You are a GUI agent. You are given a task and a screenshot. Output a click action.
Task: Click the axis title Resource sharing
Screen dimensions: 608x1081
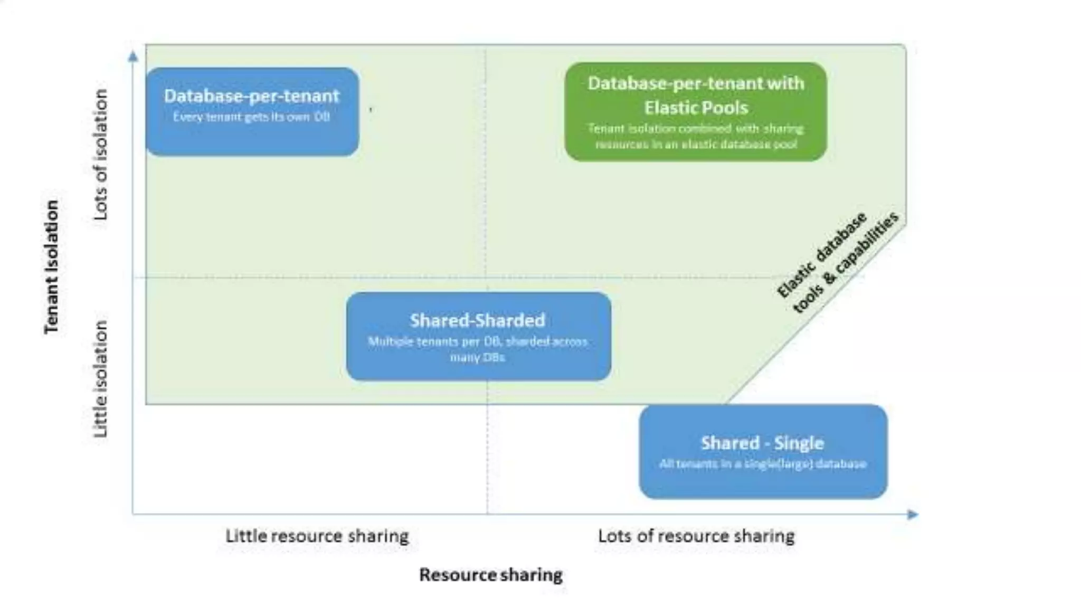pyautogui.click(x=491, y=574)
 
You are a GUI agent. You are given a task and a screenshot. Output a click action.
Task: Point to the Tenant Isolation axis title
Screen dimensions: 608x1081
pyautogui.click(x=52, y=267)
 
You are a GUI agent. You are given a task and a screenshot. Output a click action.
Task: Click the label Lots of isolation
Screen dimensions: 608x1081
pyautogui.click(x=100, y=154)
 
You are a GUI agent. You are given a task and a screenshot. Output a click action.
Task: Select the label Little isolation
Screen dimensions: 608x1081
pyautogui.click(x=100, y=379)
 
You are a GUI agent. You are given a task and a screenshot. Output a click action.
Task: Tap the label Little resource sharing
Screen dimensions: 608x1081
pyautogui.click(x=317, y=536)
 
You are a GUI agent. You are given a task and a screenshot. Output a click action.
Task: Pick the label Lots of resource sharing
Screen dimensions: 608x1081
pyautogui.click(x=696, y=536)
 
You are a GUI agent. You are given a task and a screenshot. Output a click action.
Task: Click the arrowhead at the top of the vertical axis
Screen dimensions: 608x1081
pyautogui.click(x=134, y=56)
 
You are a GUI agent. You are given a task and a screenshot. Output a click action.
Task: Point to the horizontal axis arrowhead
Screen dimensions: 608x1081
pyautogui.click(x=913, y=514)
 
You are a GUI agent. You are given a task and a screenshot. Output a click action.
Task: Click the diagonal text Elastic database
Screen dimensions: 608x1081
pyautogui.click(x=821, y=255)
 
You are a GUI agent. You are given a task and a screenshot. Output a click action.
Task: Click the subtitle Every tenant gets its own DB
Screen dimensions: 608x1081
pyautogui.click(x=251, y=117)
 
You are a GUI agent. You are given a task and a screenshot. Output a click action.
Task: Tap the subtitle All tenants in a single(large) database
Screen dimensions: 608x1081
pyautogui.click(x=763, y=464)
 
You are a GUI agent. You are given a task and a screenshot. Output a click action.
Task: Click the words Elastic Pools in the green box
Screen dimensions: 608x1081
pyautogui.click(x=696, y=108)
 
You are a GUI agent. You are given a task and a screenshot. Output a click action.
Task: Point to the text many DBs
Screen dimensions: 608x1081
pyautogui.click(x=477, y=357)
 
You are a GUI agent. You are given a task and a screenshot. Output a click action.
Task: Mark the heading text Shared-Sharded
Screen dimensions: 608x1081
pyautogui.click(x=477, y=320)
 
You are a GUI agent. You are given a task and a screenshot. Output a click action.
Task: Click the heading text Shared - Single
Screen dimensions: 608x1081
pyautogui.click(x=762, y=443)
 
